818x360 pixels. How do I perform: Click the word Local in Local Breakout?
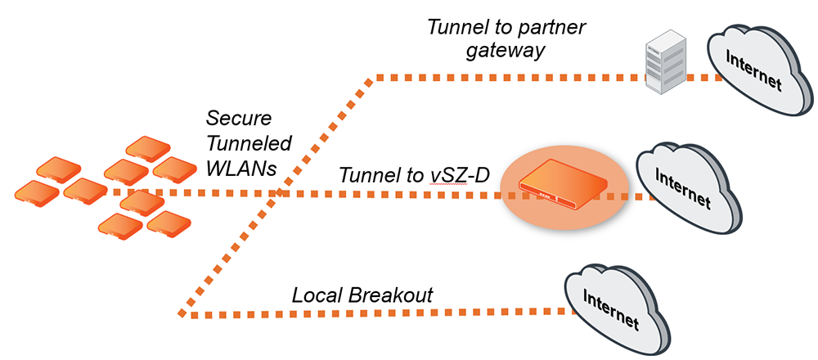coord(316,295)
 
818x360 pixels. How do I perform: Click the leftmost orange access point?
coord(37,191)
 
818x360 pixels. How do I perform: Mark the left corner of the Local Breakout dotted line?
coord(181,313)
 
